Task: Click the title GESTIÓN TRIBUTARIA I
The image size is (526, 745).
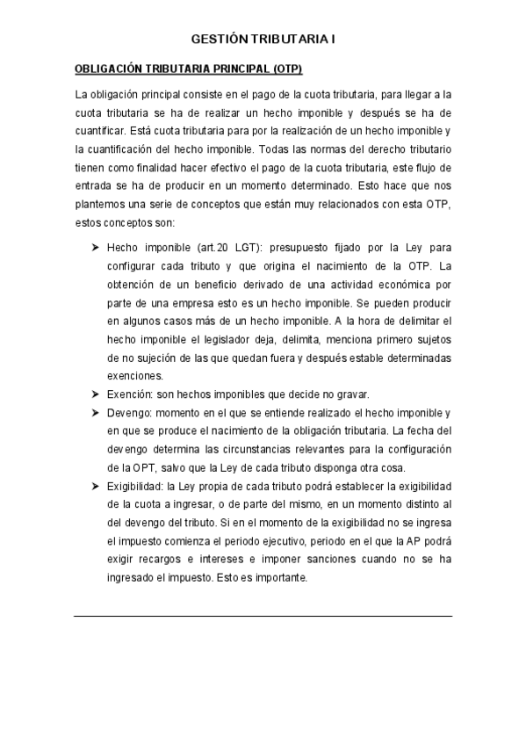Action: point(263,40)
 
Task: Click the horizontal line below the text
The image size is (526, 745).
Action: point(263,616)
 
